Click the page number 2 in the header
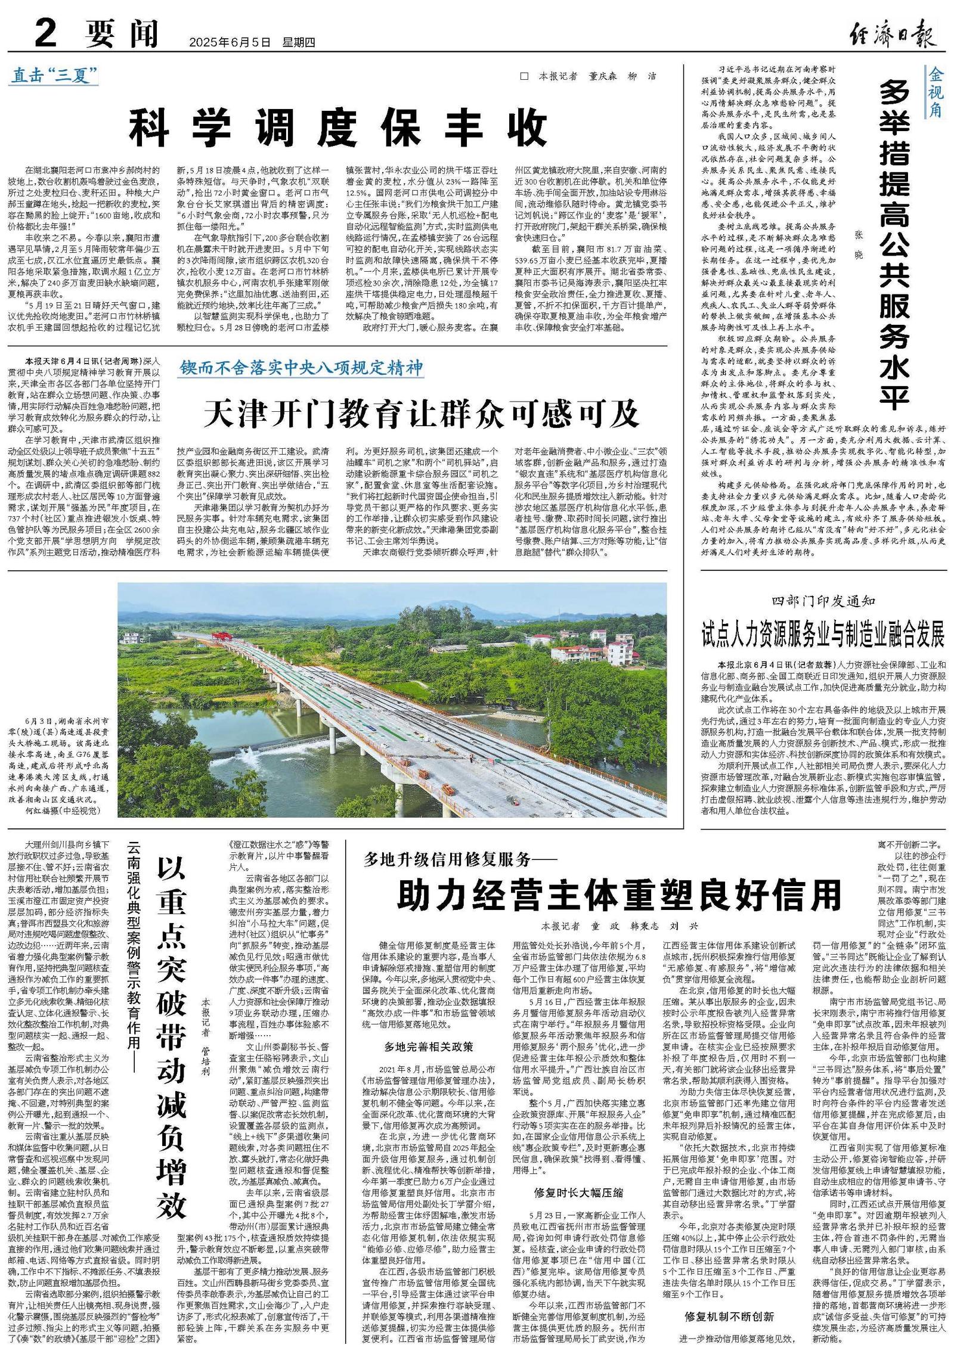47,33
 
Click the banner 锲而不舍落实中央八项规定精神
302,368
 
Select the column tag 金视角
934,92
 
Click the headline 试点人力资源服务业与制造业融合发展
823,634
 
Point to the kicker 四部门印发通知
823,601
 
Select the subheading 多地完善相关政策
428,1046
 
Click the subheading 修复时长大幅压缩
578,1192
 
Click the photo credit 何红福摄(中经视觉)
63,810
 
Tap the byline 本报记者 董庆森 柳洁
596,76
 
